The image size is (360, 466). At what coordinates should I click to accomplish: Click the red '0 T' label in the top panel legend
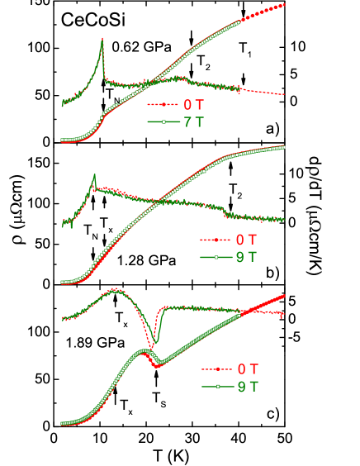click(x=193, y=105)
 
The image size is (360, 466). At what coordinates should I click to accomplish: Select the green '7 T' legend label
click(x=193, y=122)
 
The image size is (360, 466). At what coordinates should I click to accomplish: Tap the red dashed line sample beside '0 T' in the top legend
click(x=163, y=105)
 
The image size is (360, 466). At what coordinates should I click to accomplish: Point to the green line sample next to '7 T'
click(x=163, y=122)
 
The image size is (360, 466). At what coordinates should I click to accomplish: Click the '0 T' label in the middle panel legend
click(x=246, y=240)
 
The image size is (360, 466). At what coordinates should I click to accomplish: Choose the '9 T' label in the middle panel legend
click(x=246, y=257)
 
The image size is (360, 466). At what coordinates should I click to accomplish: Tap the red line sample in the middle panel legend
click(x=216, y=240)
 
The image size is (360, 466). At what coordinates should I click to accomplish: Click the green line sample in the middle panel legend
click(x=216, y=257)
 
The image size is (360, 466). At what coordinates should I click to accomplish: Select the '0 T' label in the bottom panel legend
click(x=248, y=369)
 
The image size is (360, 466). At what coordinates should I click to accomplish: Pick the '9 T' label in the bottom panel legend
click(x=248, y=387)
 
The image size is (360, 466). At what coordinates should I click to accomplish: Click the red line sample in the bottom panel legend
click(x=217, y=369)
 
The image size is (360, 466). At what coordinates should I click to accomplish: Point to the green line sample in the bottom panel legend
click(x=217, y=387)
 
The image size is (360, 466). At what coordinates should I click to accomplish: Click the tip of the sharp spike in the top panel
click(x=102, y=39)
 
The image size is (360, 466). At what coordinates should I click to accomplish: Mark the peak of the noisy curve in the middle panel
click(x=95, y=175)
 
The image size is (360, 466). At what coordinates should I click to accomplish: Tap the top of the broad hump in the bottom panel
click(x=114, y=289)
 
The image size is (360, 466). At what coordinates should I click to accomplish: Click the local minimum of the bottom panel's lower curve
click(x=157, y=365)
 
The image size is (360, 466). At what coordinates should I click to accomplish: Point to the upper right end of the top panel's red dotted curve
click(x=284, y=5)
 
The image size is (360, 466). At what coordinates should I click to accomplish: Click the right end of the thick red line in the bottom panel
click(x=284, y=296)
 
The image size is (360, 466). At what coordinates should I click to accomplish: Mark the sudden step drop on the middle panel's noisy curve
click(x=225, y=212)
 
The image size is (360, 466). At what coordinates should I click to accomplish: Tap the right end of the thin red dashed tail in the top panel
click(x=284, y=94)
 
